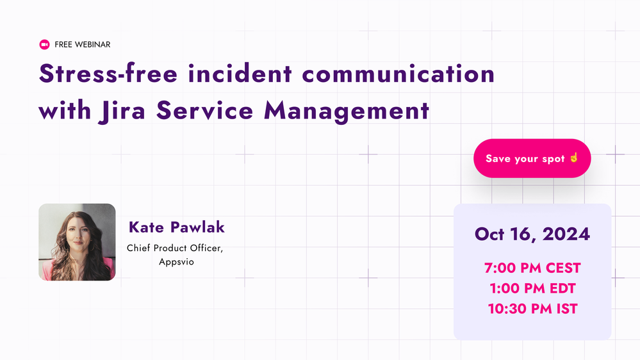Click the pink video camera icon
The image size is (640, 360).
44,45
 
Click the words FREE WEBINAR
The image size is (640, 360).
83,45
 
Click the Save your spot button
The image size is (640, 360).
532,158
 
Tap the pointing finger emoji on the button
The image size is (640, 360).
574,158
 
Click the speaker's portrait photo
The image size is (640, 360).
77,242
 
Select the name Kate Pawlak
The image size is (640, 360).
177,227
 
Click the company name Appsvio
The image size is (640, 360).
176,262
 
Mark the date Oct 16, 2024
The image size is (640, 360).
532,234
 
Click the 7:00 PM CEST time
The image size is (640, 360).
532,268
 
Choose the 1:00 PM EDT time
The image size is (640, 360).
532,289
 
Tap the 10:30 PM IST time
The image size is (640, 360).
532,309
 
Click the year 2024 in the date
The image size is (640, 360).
566,234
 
